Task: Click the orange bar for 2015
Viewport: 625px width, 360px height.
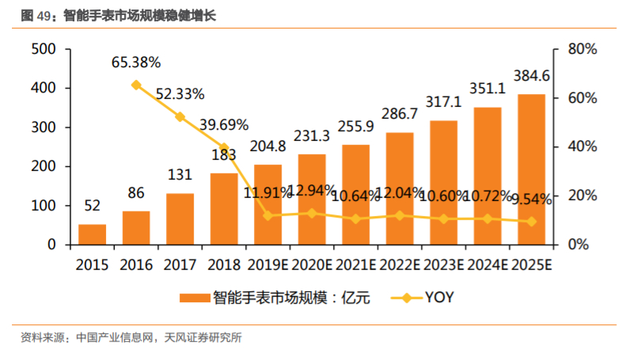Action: [x=92, y=234]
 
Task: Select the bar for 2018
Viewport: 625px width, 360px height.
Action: [x=224, y=208]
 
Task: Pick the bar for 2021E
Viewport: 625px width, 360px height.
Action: [x=356, y=194]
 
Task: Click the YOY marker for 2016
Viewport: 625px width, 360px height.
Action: [x=136, y=85]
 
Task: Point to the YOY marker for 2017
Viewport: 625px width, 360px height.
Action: [x=180, y=117]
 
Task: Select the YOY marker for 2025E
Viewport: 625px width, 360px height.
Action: [x=532, y=222]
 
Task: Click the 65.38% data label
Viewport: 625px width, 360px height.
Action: [x=136, y=62]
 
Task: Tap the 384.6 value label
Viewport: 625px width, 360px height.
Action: [x=532, y=76]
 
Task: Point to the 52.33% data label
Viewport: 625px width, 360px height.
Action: [x=180, y=94]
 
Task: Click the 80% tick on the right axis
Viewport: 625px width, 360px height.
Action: [x=583, y=49]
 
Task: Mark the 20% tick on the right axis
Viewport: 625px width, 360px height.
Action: [x=583, y=195]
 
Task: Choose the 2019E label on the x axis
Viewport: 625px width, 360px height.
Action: [x=267, y=264]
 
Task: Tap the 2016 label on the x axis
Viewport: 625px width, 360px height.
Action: [x=136, y=264]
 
